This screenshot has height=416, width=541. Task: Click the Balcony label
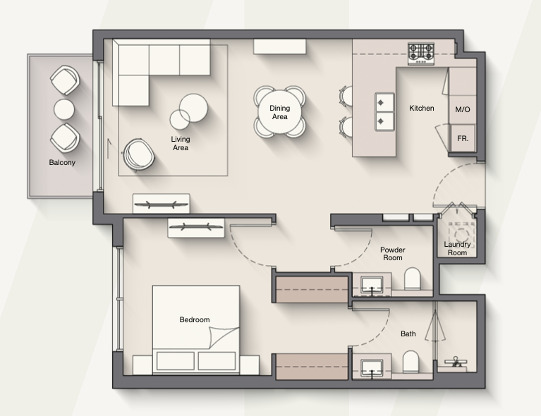pyautogui.click(x=62, y=162)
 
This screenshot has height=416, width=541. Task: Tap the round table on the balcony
pyautogui.click(x=63, y=109)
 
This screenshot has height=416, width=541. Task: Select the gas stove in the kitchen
pyautogui.click(x=421, y=54)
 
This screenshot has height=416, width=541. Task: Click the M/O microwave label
pyautogui.click(x=462, y=110)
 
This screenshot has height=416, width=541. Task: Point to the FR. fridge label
pyautogui.click(x=462, y=139)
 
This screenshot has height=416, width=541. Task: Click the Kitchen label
pyautogui.click(x=421, y=109)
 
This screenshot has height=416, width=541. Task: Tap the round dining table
pyautogui.click(x=279, y=112)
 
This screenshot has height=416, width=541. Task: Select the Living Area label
pyautogui.click(x=181, y=144)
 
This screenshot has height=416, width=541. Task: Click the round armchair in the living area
pyautogui.click(x=138, y=155)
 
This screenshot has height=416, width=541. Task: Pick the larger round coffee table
pyautogui.click(x=193, y=108)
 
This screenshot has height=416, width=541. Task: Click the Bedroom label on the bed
pyautogui.click(x=195, y=320)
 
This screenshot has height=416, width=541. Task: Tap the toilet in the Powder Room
pyautogui.click(x=413, y=279)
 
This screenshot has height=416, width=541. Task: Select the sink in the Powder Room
pyautogui.click(x=372, y=285)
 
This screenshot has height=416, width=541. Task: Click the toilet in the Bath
pyautogui.click(x=411, y=362)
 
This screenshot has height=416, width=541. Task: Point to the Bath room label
pyautogui.click(x=408, y=334)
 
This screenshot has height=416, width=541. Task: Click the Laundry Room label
pyautogui.click(x=457, y=248)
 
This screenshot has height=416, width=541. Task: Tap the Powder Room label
pyautogui.click(x=393, y=254)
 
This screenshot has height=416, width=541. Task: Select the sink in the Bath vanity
pyautogui.click(x=372, y=368)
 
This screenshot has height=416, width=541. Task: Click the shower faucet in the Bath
pyautogui.click(x=456, y=362)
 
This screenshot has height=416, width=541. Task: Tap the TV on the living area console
pyautogui.click(x=161, y=204)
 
